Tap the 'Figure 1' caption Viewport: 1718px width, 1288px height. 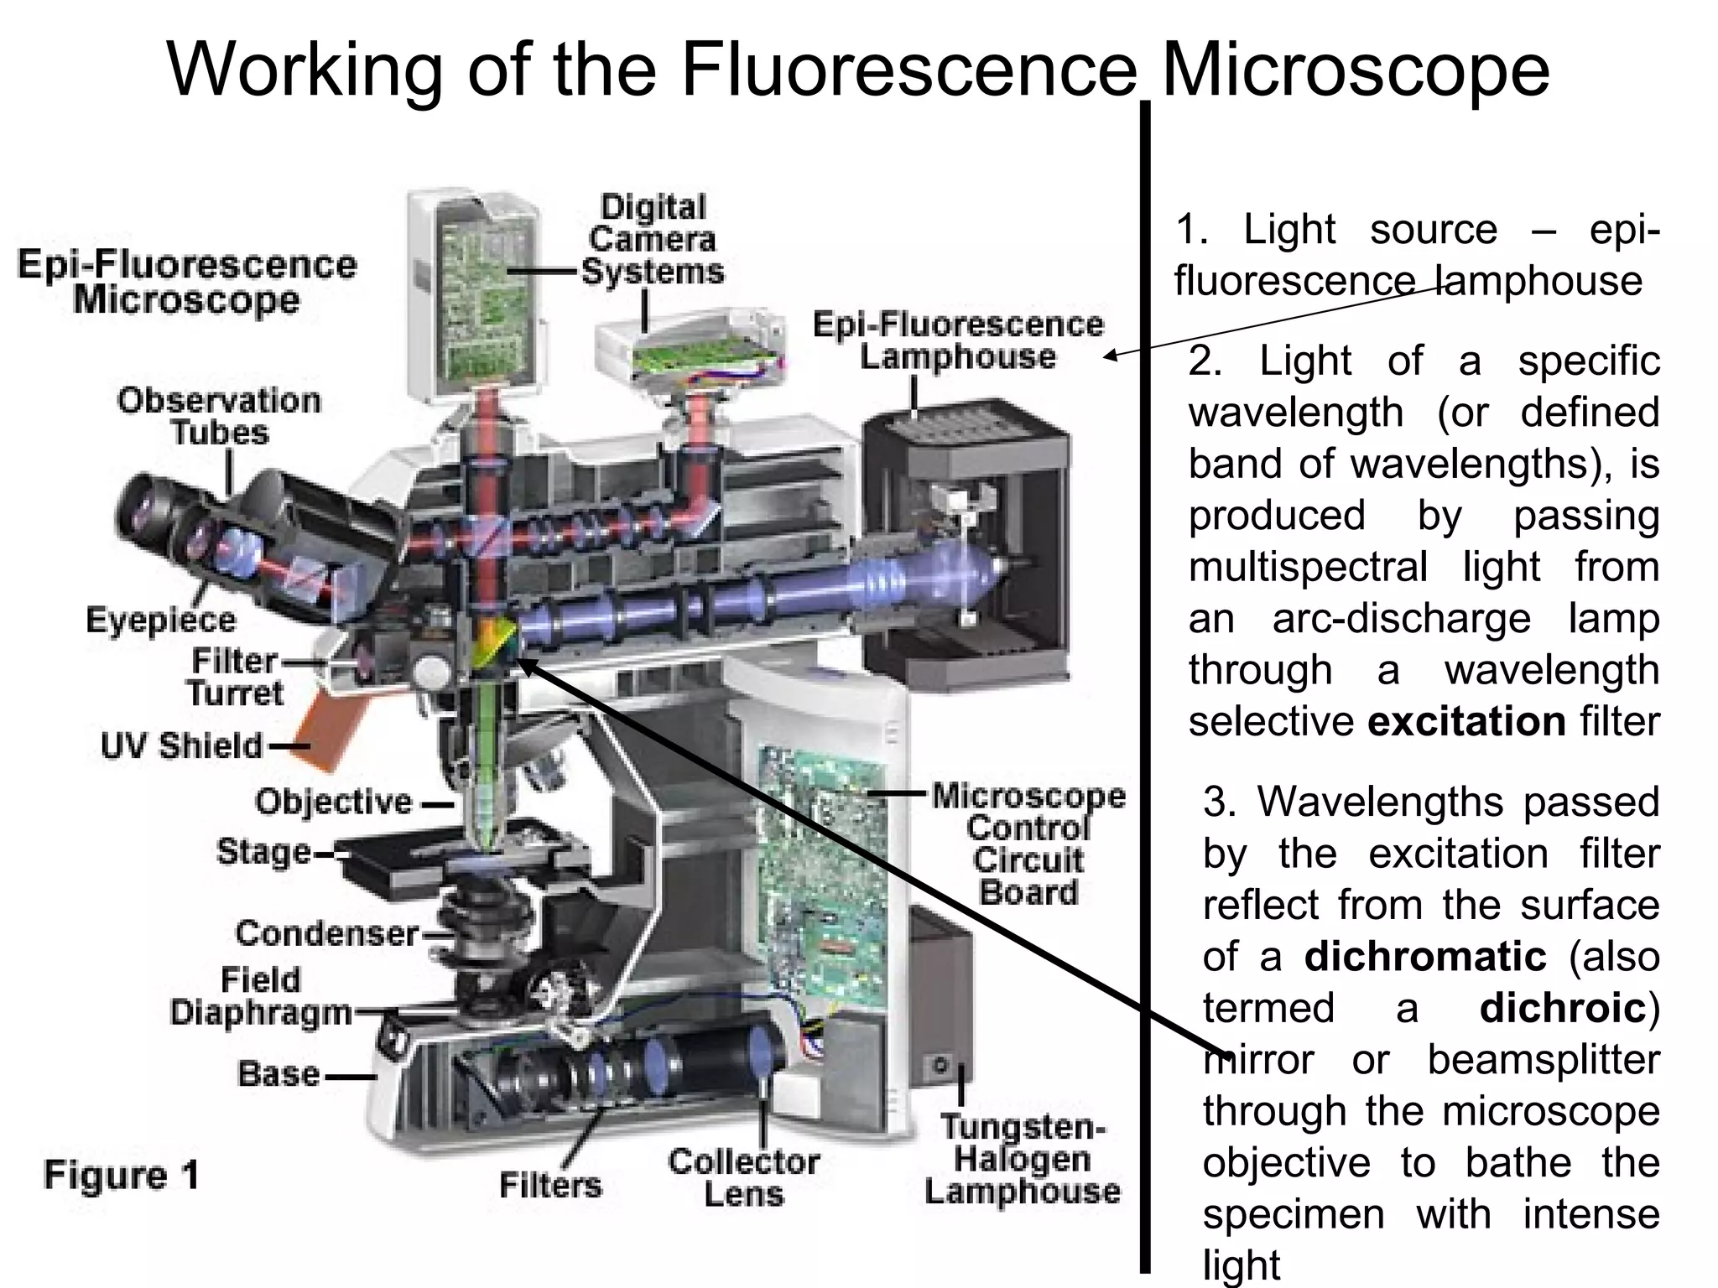pyautogui.click(x=122, y=1175)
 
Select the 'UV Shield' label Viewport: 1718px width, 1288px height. pyautogui.click(x=181, y=745)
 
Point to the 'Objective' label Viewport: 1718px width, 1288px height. pyautogui.click(x=334, y=802)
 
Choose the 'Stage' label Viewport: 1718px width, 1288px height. pyautogui.click(x=263, y=852)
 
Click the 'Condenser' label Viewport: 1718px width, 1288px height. pyautogui.click(x=326, y=933)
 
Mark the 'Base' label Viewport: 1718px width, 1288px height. pyautogui.click(x=279, y=1074)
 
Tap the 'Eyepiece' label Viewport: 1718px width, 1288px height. pyautogui.click(x=161, y=621)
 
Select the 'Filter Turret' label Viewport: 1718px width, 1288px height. pyautogui.click(x=235, y=677)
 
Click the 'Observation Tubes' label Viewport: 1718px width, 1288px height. pyautogui.click(x=219, y=416)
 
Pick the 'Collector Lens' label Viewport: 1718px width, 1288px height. pyautogui.click(x=743, y=1177)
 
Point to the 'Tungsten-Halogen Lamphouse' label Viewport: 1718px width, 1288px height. pyautogui.click(x=1023, y=1159)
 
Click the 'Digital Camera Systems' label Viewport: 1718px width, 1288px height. pyautogui.click(x=653, y=240)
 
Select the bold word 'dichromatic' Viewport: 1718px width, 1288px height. pyautogui.click(x=1425, y=957)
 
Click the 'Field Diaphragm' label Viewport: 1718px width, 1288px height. pyautogui.click(x=260, y=996)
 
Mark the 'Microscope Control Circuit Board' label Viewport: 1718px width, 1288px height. pyautogui.click(x=1028, y=844)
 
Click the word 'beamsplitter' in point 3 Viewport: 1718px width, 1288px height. pyautogui.click(x=1544, y=1059)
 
